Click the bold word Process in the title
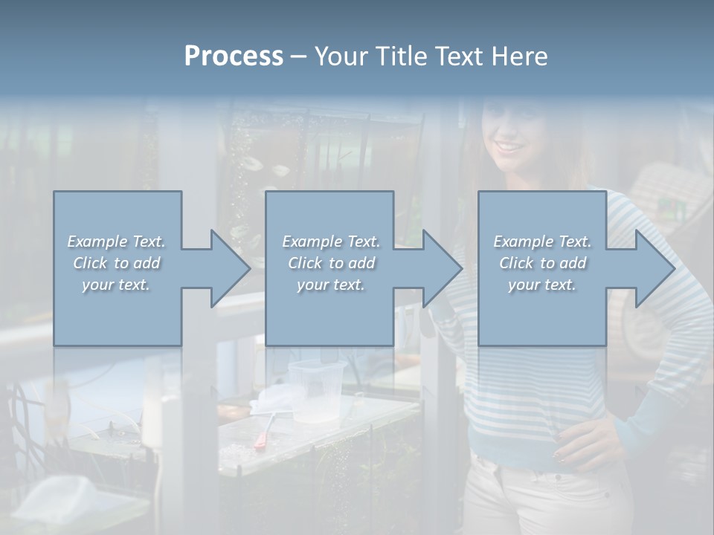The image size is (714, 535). click(x=234, y=56)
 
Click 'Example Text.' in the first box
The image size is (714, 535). click(x=117, y=241)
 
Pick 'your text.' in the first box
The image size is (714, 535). click(x=117, y=285)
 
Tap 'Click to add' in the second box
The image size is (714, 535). click(x=331, y=263)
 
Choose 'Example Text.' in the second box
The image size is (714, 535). click(x=331, y=241)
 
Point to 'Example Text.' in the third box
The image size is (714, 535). click(x=542, y=241)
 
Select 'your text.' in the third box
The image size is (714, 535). click(x=542, y=285)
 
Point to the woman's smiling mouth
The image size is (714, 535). click(x=510, y=146)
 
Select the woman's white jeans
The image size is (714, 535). click(x=543, y=498)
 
